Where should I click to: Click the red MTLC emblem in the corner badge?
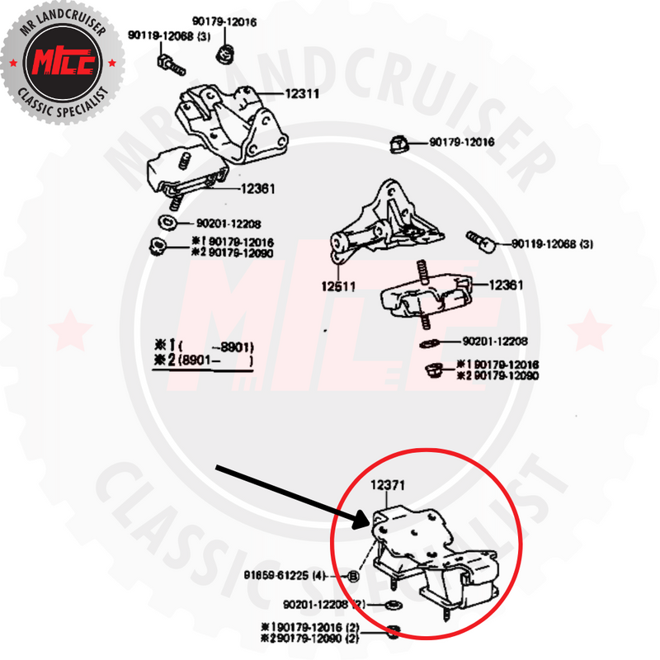(x=64, y=64)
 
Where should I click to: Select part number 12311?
(x=301, y=94)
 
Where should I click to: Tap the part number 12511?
(x=339, y=287)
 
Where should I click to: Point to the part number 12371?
(x=388, y=488)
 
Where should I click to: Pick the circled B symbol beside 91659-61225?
(x=353, y=577)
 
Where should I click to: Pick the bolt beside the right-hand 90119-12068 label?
(x=480, y=240)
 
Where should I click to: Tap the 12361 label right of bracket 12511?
(x=507, y=285)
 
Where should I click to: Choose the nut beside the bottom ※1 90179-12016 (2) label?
(x=394, y=633)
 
